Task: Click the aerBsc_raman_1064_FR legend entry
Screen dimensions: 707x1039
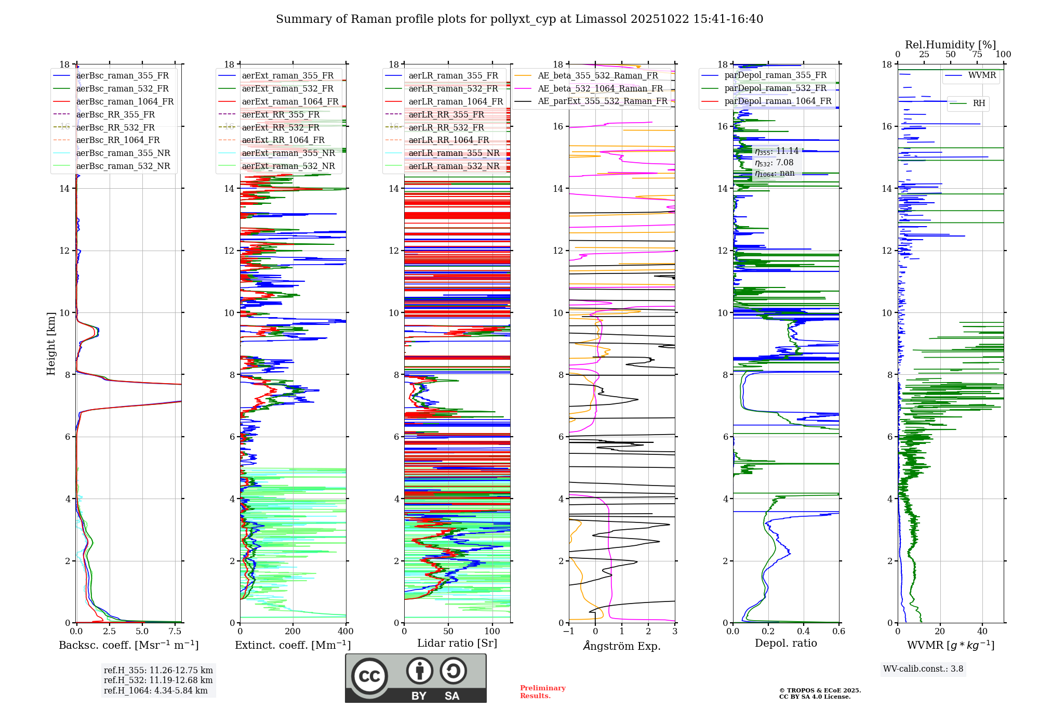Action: click(125, 101)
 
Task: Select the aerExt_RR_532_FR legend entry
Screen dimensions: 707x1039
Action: click(281, 127)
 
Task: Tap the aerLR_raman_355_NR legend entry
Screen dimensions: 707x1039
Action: click(454, 153)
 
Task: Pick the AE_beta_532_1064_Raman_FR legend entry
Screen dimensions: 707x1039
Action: click(600, 88)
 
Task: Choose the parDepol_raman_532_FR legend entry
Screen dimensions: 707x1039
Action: click(775, 88)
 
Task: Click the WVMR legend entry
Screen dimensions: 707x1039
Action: click(982, 75)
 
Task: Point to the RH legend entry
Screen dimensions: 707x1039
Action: click(979, 103)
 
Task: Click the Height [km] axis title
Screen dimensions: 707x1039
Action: click(51, 343)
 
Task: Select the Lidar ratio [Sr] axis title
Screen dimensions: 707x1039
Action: click(457, 643)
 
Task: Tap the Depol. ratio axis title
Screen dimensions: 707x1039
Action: click(785, 643)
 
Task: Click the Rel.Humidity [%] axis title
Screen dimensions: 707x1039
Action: click(950, 45)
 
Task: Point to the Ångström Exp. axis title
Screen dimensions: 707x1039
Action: click(622, 646)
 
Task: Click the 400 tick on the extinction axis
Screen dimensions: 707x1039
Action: click(345, 631)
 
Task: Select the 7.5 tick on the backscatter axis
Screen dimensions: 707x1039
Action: click(175, 631)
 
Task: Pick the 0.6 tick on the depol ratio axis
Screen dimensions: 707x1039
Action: click(838, 631)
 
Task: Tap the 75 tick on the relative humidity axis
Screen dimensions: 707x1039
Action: click(977, 54)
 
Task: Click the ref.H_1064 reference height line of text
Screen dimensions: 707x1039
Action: click(155, 690)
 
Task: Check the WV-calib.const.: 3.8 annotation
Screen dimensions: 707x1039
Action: click(923, 669)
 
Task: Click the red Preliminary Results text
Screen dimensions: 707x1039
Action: click(542, 691)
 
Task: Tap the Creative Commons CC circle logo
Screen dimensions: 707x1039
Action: click(369, 676)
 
